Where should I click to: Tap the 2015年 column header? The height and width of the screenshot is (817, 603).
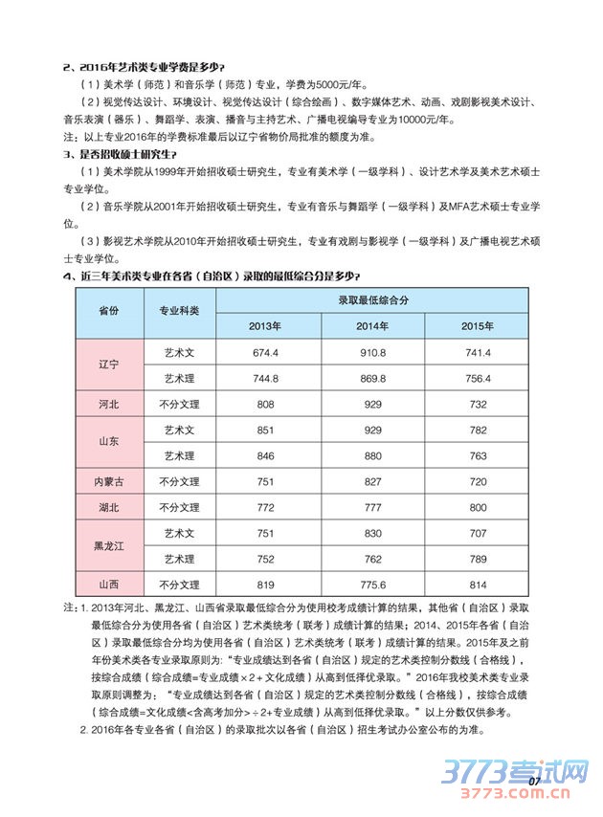[476, 326]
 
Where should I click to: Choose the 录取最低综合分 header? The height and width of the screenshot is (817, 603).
[371, 299]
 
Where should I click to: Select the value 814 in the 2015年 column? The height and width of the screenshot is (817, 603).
[476, 584]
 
